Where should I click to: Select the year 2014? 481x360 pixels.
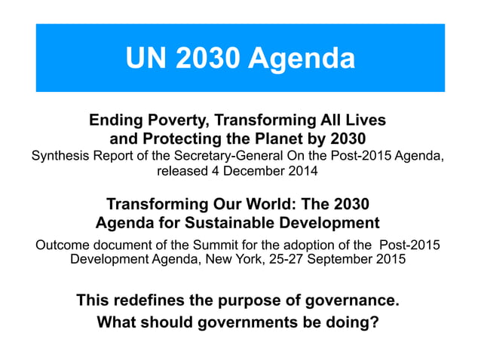pos(304,171)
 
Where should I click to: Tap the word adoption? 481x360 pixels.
pos(301,246)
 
